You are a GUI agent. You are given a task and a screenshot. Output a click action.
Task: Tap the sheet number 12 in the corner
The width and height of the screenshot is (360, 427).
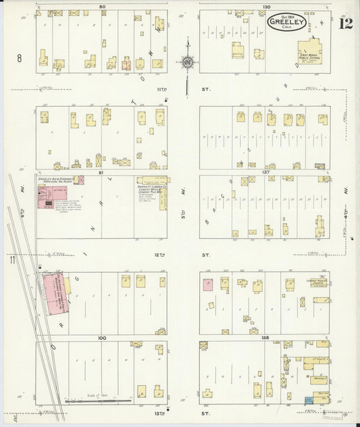345,24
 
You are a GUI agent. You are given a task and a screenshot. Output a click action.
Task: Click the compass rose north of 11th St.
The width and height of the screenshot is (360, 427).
187,63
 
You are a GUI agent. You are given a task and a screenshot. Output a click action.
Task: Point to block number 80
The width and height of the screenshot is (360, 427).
102,6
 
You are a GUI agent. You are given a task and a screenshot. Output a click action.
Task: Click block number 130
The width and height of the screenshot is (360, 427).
266,6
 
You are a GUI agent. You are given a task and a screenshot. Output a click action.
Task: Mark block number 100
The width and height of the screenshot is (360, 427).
102,337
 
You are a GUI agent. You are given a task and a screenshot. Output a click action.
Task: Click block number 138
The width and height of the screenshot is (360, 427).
266,337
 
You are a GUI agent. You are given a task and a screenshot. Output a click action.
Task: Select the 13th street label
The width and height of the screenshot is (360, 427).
188,413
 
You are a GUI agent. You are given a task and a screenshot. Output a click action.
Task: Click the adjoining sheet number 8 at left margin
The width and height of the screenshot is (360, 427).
20,59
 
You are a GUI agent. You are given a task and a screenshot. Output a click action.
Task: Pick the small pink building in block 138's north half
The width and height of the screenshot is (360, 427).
207,284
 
